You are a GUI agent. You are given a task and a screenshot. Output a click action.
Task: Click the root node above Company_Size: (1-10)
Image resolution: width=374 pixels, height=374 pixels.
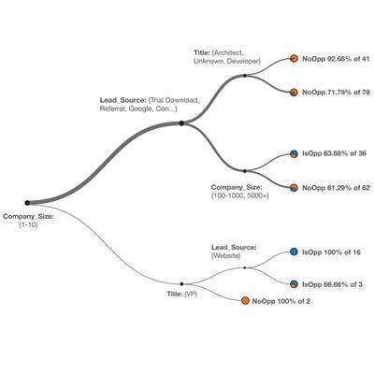pyautogui.click(x=27, y=203)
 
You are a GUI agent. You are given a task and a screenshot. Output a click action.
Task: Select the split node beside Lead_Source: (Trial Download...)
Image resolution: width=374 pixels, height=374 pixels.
pyautogui.click(x=181, y=123)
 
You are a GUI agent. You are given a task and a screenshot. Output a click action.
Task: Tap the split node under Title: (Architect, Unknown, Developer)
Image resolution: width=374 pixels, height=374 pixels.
pyautogui.click(x=245, y=76)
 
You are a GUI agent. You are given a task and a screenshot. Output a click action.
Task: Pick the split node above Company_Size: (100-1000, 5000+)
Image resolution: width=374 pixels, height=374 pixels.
pyautogui.click(x=245, y=171)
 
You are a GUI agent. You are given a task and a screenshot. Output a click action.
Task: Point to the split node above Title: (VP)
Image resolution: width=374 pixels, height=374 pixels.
pyautogui.click(x=181, y=284)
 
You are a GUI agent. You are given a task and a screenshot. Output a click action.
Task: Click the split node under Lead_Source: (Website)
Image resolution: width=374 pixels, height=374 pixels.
pyautogui.click(x=245, y=267)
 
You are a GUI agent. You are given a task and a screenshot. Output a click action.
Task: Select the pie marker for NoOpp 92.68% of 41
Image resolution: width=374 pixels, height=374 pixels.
pyautogui.click(x=294, y=59)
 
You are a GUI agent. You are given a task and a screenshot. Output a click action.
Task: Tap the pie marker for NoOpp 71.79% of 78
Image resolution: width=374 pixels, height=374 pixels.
pyautogui.click(x=294, y=93)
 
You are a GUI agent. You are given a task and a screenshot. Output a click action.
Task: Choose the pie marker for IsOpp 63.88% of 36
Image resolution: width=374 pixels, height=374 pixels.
pyautogui.click(x=294, y=153)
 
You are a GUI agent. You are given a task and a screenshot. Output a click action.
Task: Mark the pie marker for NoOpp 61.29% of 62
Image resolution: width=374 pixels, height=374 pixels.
pyautogui.click(x=294, y=188)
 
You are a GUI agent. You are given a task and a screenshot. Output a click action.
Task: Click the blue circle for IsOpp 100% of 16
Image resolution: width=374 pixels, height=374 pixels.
pyautogui.click(x=294, y=252)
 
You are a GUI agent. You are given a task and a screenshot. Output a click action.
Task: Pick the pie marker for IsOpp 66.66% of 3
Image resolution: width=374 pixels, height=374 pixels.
pyautogui.click(x=294, y=284)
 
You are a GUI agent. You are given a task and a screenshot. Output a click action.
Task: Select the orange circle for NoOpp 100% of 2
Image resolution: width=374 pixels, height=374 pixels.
pyautogui.click(x=245, y=301)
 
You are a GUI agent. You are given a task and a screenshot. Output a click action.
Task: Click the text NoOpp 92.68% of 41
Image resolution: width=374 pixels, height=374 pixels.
pyautogui.click(x=336, y=59)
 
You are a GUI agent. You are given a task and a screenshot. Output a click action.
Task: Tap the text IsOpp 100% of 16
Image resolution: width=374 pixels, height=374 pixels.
pyautogui.click(x=331, y=252)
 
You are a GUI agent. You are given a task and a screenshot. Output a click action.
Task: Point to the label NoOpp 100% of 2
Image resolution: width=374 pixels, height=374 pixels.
pyautogui.click(x=281, y=301)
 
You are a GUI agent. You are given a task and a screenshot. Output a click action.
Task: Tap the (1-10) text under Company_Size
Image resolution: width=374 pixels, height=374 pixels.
pyautogui.click(x=28, y=225)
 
